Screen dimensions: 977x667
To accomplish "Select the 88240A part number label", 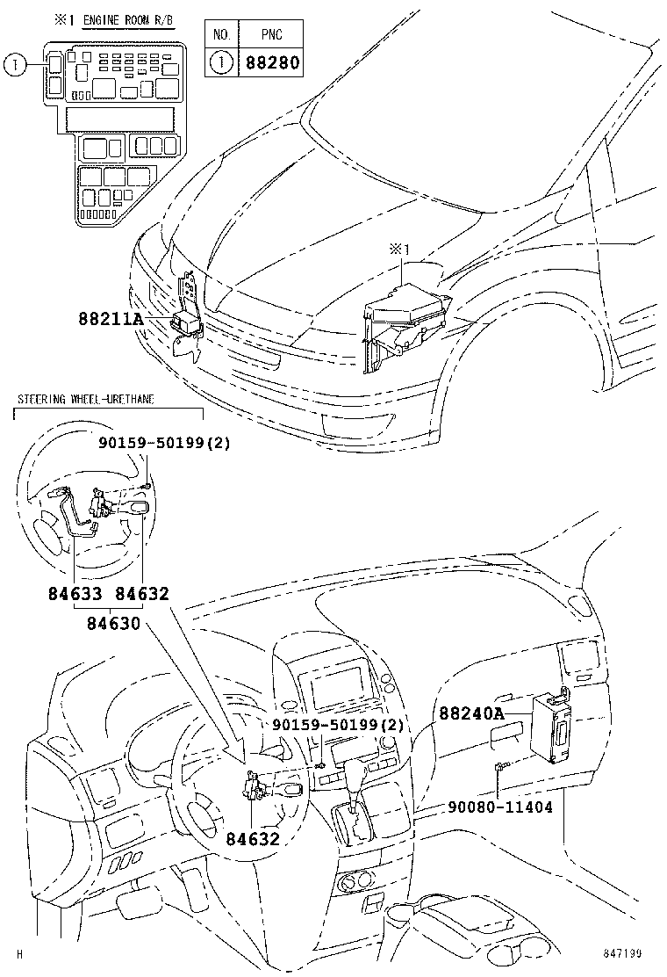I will click(x=471, y=714).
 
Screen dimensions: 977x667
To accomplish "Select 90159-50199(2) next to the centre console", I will click(x=338, y=725).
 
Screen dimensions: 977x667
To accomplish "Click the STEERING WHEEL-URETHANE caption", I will click(x=86, y=400).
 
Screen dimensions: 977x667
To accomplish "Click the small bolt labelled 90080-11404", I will click(x=498, y=768).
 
